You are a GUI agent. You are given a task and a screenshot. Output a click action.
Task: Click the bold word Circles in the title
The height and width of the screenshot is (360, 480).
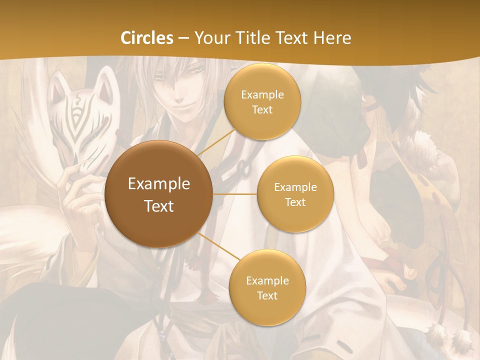coord(146,38)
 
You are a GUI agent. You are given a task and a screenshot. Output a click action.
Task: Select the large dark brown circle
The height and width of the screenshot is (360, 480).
coord(158,194)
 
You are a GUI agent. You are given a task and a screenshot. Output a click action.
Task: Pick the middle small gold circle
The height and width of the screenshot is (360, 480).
coord(295,194)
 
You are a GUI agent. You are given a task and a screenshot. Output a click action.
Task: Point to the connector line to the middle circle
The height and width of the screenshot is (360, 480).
coord(234,194)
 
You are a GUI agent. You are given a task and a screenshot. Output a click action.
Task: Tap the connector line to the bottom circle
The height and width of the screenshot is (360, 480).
coord(217,247)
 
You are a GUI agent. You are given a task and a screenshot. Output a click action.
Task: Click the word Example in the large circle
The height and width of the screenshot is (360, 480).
coord(158,184)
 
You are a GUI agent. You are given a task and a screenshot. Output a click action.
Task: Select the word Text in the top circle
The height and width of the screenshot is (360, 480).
coord(262,110)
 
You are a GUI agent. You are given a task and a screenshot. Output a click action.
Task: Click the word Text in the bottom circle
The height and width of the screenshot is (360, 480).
coord(267,295)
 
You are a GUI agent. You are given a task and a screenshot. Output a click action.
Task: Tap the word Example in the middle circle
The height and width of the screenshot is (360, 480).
coord(295,187)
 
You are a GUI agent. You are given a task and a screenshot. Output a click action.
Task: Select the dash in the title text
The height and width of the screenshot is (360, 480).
coord(183,38)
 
